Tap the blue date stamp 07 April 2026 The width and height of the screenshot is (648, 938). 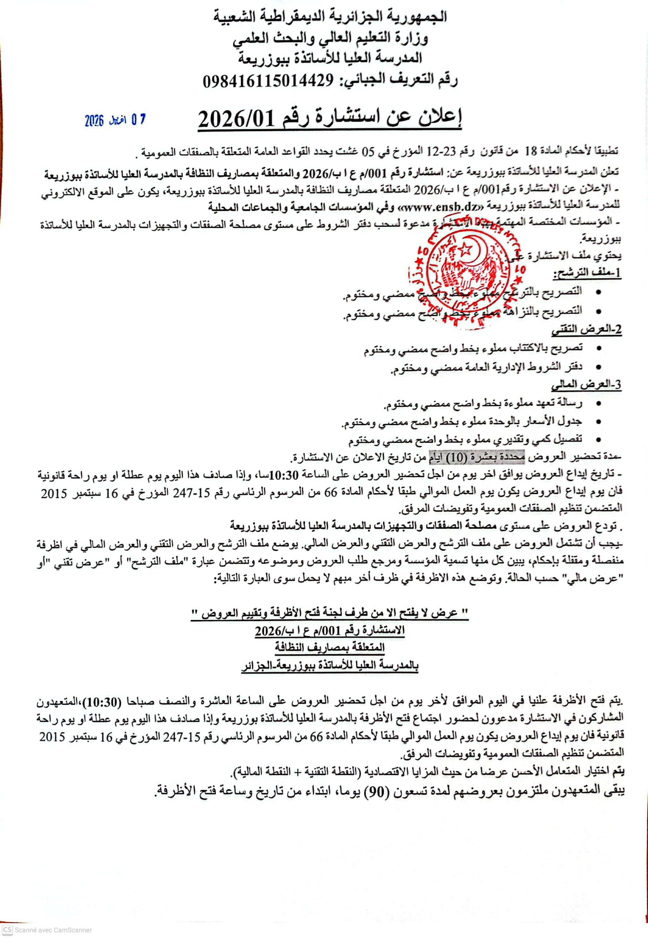(115, 120)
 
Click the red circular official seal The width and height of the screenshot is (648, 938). (464, 271)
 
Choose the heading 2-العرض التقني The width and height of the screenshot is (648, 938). (586, 329)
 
